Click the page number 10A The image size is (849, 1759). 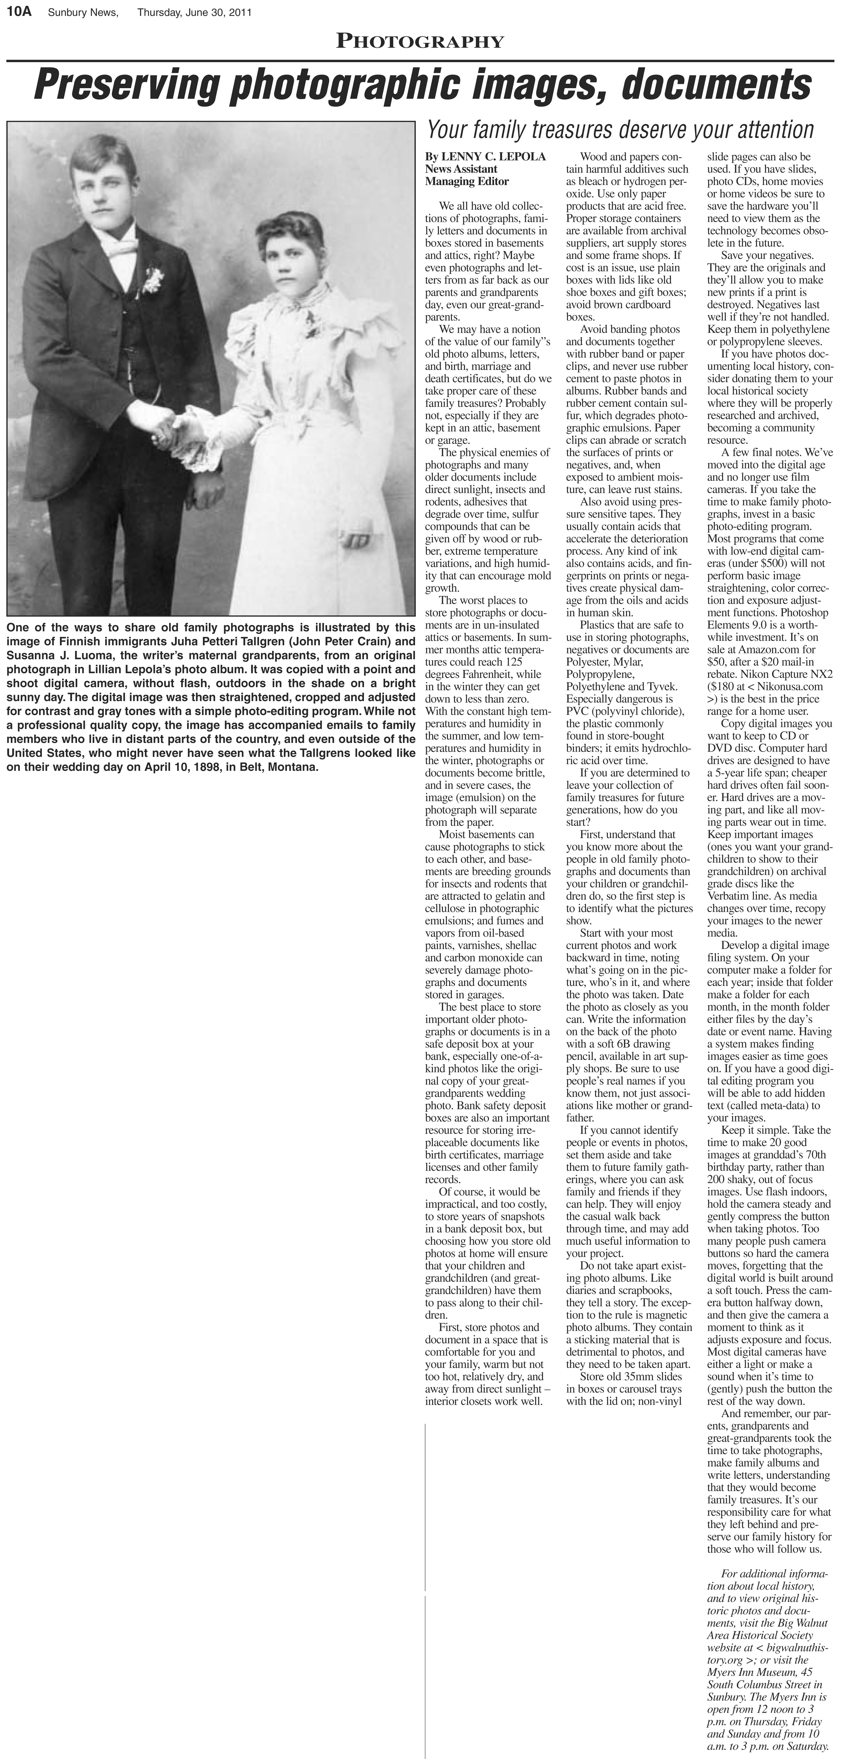(x=19, y=12)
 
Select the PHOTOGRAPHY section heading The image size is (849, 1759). (x=420, y=42)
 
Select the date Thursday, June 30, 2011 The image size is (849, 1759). (x=195, y=12)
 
